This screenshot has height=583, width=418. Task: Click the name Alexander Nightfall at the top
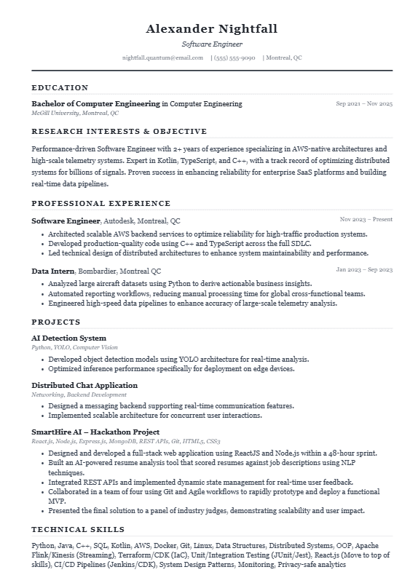pos(211,29)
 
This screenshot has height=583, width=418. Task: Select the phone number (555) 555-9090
pos(234,57)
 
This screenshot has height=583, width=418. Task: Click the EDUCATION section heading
pos(60,87)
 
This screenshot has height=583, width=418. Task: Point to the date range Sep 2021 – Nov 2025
pos(364,104)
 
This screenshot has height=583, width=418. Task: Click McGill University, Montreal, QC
pos(74,114)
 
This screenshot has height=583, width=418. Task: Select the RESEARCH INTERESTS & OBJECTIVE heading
pos(119,132)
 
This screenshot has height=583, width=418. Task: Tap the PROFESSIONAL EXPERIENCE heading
pos(100,204)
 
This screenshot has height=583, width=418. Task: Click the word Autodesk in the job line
pos(118,221)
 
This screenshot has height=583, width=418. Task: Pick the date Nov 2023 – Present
pos(366,219)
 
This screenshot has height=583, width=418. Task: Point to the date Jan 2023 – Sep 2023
pos(364,270)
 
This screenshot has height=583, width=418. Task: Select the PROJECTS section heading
pos(55,322)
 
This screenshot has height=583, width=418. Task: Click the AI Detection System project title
pos(68,338)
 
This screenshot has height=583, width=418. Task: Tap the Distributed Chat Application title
pos(84,386)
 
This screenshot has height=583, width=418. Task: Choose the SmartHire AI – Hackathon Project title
pos(95,432)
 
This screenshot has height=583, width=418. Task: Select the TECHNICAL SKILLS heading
pos(78,529)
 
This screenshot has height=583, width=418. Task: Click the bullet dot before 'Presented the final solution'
pos(42,511)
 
